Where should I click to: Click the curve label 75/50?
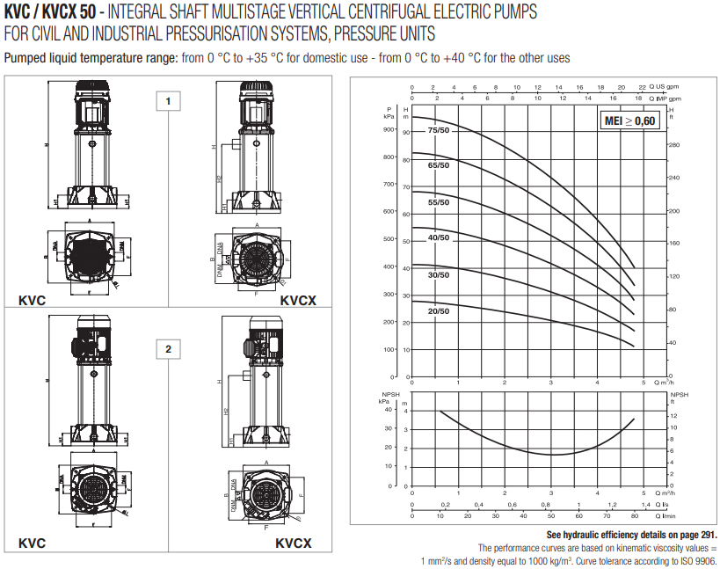tap(438, 131)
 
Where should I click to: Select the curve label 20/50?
tap(438, 310)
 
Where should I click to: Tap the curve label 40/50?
tap(438, 238)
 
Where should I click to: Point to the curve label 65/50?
tap(438, 165)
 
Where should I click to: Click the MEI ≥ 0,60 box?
tap(630, 120)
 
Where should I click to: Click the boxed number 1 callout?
tap(168, 101)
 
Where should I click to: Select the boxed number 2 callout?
tap(168, 349)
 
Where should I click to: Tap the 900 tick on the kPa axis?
tap(389, 130)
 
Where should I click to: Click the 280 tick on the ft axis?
tap(674, 145)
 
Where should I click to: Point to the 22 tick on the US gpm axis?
tap(643, 88)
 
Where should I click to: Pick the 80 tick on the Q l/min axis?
tap(635, 517)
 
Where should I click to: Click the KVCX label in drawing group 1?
tap(298, 300)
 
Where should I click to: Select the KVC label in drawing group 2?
tap(32, 543)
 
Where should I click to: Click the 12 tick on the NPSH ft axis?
tap(673, 415)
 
